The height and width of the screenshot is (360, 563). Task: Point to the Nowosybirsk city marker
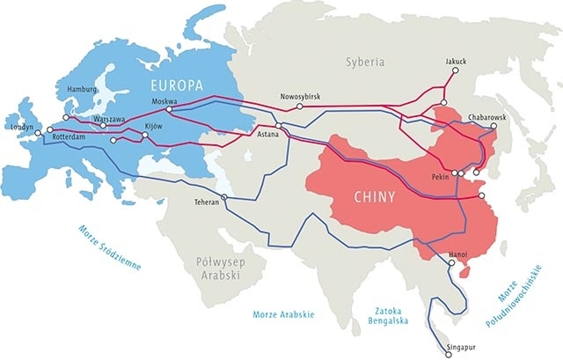pos(300,106)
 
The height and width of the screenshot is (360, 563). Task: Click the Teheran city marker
pos(225,196)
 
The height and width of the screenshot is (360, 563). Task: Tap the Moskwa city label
pos(165,101)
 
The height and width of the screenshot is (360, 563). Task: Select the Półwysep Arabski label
pos(215,267)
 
